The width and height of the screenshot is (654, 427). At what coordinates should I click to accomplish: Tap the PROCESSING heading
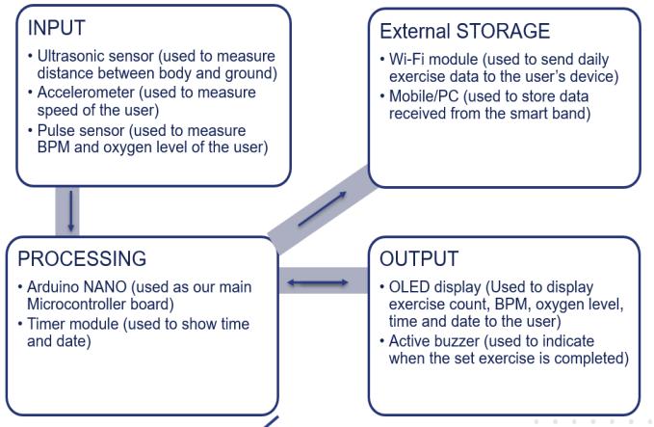click(x=82, y=259)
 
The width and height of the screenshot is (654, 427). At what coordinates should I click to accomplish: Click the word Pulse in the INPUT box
click(x=56, y=130)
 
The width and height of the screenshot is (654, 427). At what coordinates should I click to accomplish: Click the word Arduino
click(x=54, y=287)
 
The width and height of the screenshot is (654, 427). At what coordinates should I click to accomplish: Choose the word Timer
click(x=49, y=325)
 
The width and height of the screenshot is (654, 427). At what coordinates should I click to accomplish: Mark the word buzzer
click(x=453, y=342)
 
